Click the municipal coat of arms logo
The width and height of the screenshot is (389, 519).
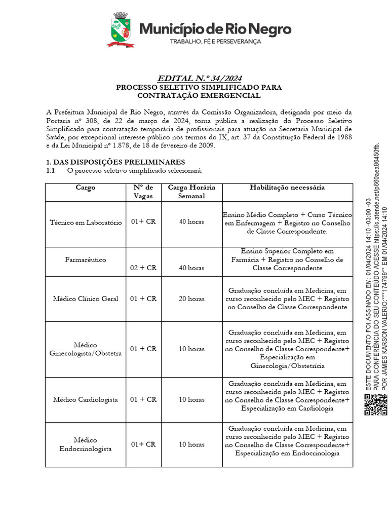click(121, 30)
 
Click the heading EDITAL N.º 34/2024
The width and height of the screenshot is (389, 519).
click(199, 78)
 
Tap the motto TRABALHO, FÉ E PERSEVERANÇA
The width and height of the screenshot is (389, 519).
click(215, 42)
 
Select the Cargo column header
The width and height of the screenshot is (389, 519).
click(86, 188)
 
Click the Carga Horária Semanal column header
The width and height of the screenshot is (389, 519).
click(191, 192)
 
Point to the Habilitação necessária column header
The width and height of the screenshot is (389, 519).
click(287, 188)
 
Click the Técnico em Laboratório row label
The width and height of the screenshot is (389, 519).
click(86, 223)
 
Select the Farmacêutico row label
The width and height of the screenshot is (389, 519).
click(86, 259)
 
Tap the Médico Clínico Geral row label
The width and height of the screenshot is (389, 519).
click(86, 299)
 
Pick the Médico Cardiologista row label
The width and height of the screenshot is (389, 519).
click(86, 399)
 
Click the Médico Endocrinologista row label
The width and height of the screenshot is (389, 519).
click(86, 444)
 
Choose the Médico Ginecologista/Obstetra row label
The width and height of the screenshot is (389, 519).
click(86, 349)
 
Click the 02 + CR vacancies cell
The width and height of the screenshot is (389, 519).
click(143, 268)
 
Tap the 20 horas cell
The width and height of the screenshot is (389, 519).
click(191, 299)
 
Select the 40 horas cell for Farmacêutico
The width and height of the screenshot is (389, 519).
click(191, 268)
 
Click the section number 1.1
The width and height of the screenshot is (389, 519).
click(50, 170)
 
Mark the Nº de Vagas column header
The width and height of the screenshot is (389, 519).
click(143, 192)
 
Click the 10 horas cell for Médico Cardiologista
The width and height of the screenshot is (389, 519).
click(191, 399)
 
